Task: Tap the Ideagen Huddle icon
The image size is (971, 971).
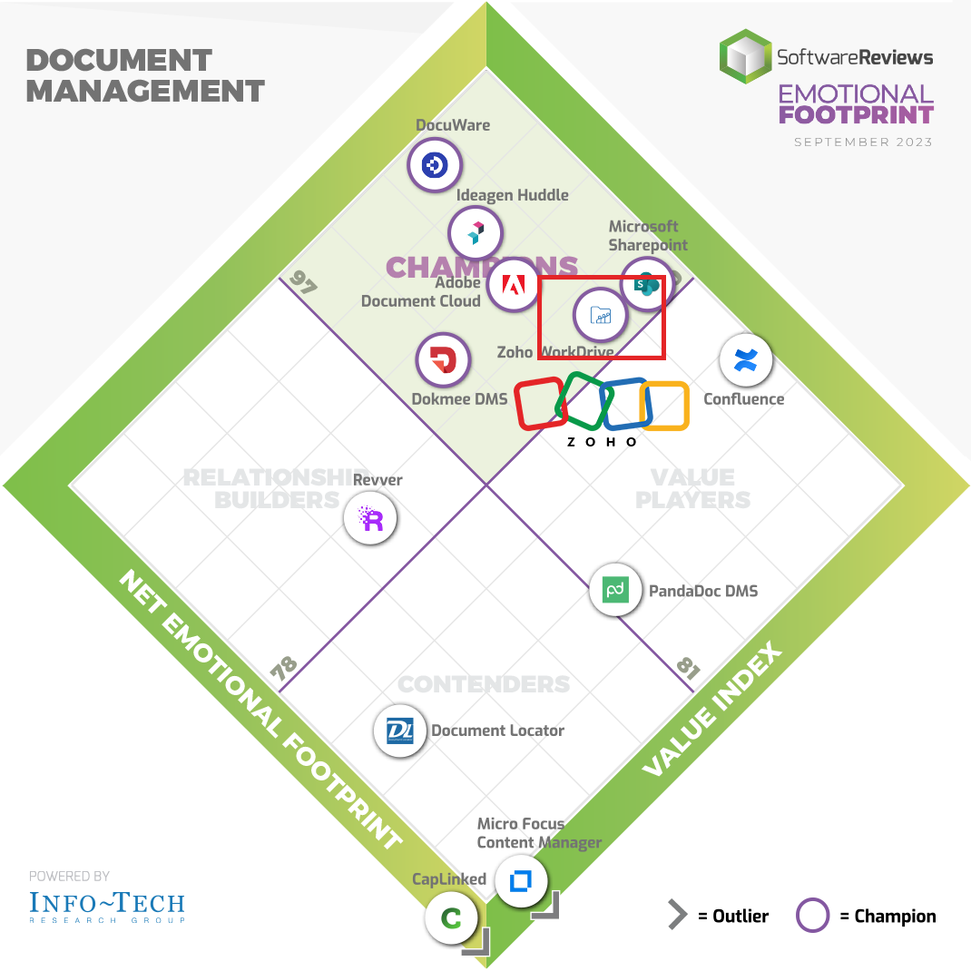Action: (475, 233)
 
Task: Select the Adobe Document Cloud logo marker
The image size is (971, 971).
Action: (513, 286)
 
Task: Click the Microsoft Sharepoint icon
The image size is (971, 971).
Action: (646, 284)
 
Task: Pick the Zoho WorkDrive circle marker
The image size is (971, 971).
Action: (600, 315)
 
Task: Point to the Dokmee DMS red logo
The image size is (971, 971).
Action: (442, 360)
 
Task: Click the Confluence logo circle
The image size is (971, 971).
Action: (745, 360)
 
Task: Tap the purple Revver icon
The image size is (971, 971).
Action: (370, 519)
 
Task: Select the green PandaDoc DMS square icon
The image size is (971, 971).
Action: (616, 590)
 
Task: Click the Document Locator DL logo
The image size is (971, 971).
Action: (400, 730)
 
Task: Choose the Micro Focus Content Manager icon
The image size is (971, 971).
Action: (520, 880)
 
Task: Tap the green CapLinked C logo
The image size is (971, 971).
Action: (451, 917)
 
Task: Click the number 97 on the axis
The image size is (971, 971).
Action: (304, 284)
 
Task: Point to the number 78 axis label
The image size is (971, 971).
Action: (283, 670)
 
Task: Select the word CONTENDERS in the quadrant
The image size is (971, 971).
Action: (485, 684)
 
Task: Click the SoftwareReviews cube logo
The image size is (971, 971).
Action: (745, 56)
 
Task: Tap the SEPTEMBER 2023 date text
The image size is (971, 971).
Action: (863, 142)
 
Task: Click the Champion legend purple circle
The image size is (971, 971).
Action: (812, 916)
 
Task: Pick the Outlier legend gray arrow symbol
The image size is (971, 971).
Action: (677, 916)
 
